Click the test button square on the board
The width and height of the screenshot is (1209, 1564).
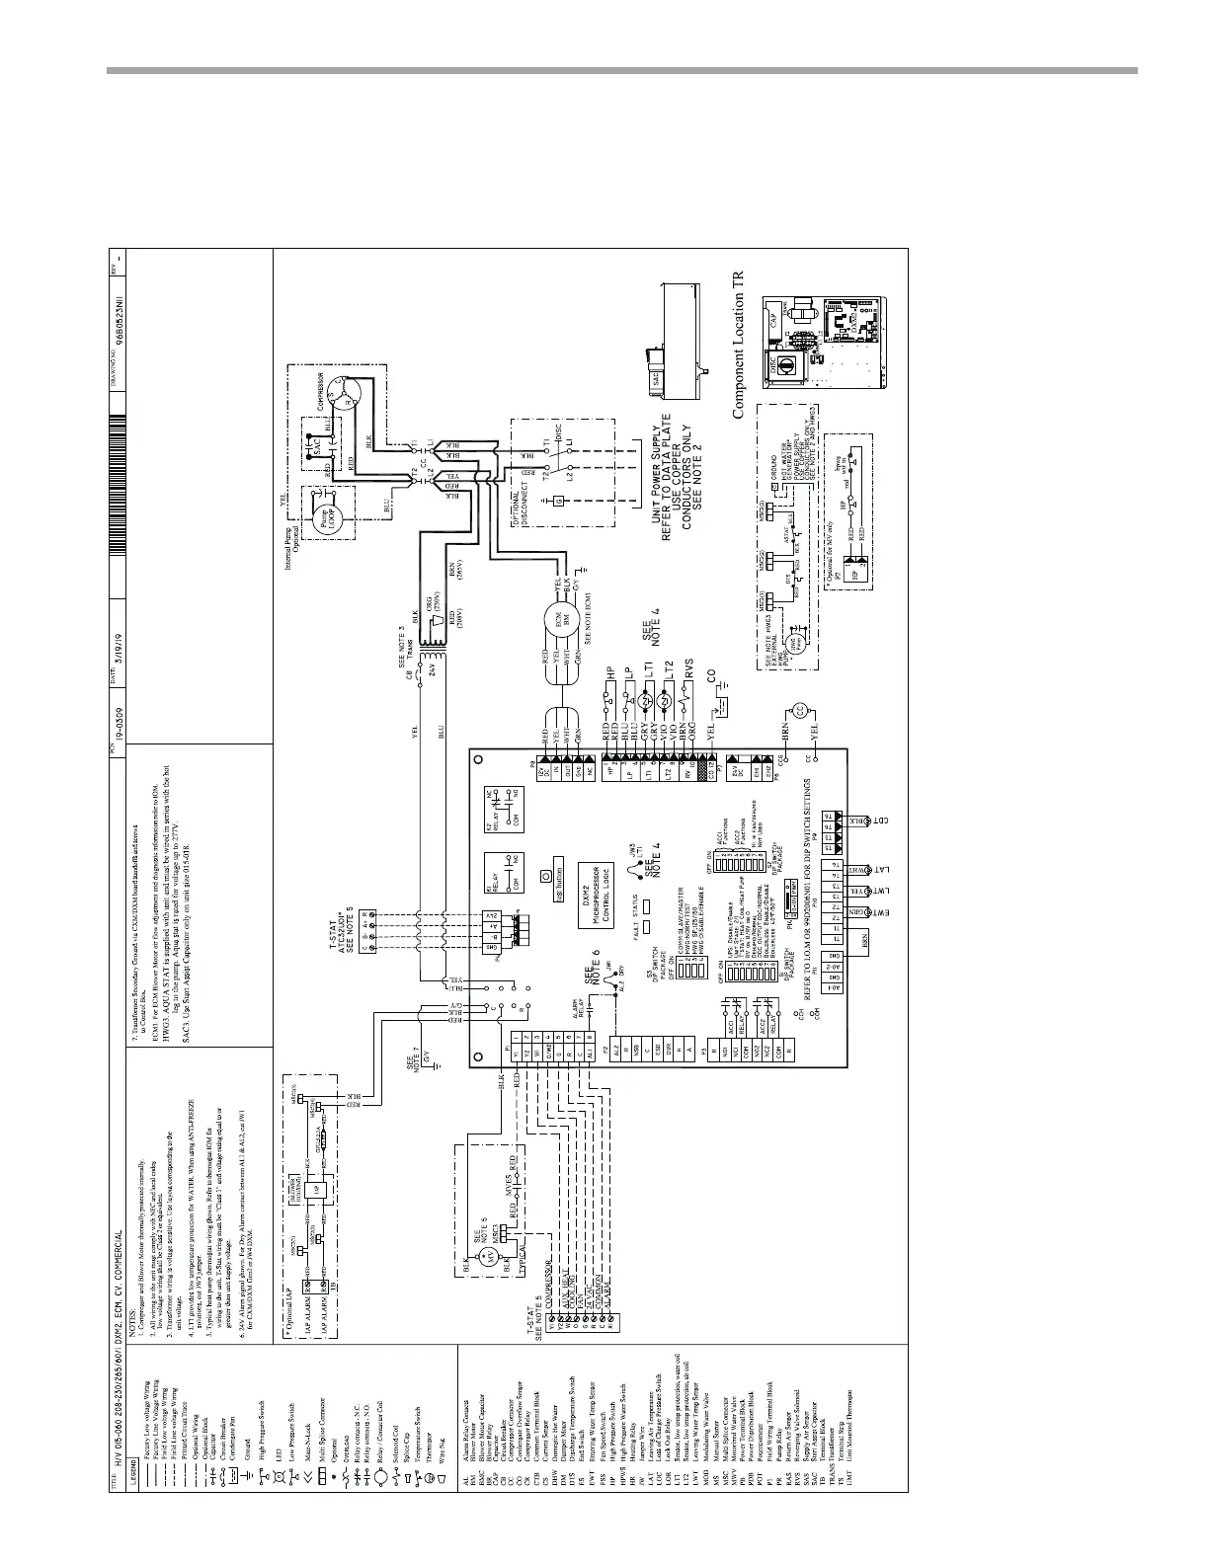545,876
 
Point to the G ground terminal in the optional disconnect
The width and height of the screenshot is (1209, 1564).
559,502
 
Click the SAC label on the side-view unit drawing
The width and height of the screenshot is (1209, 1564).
652,378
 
